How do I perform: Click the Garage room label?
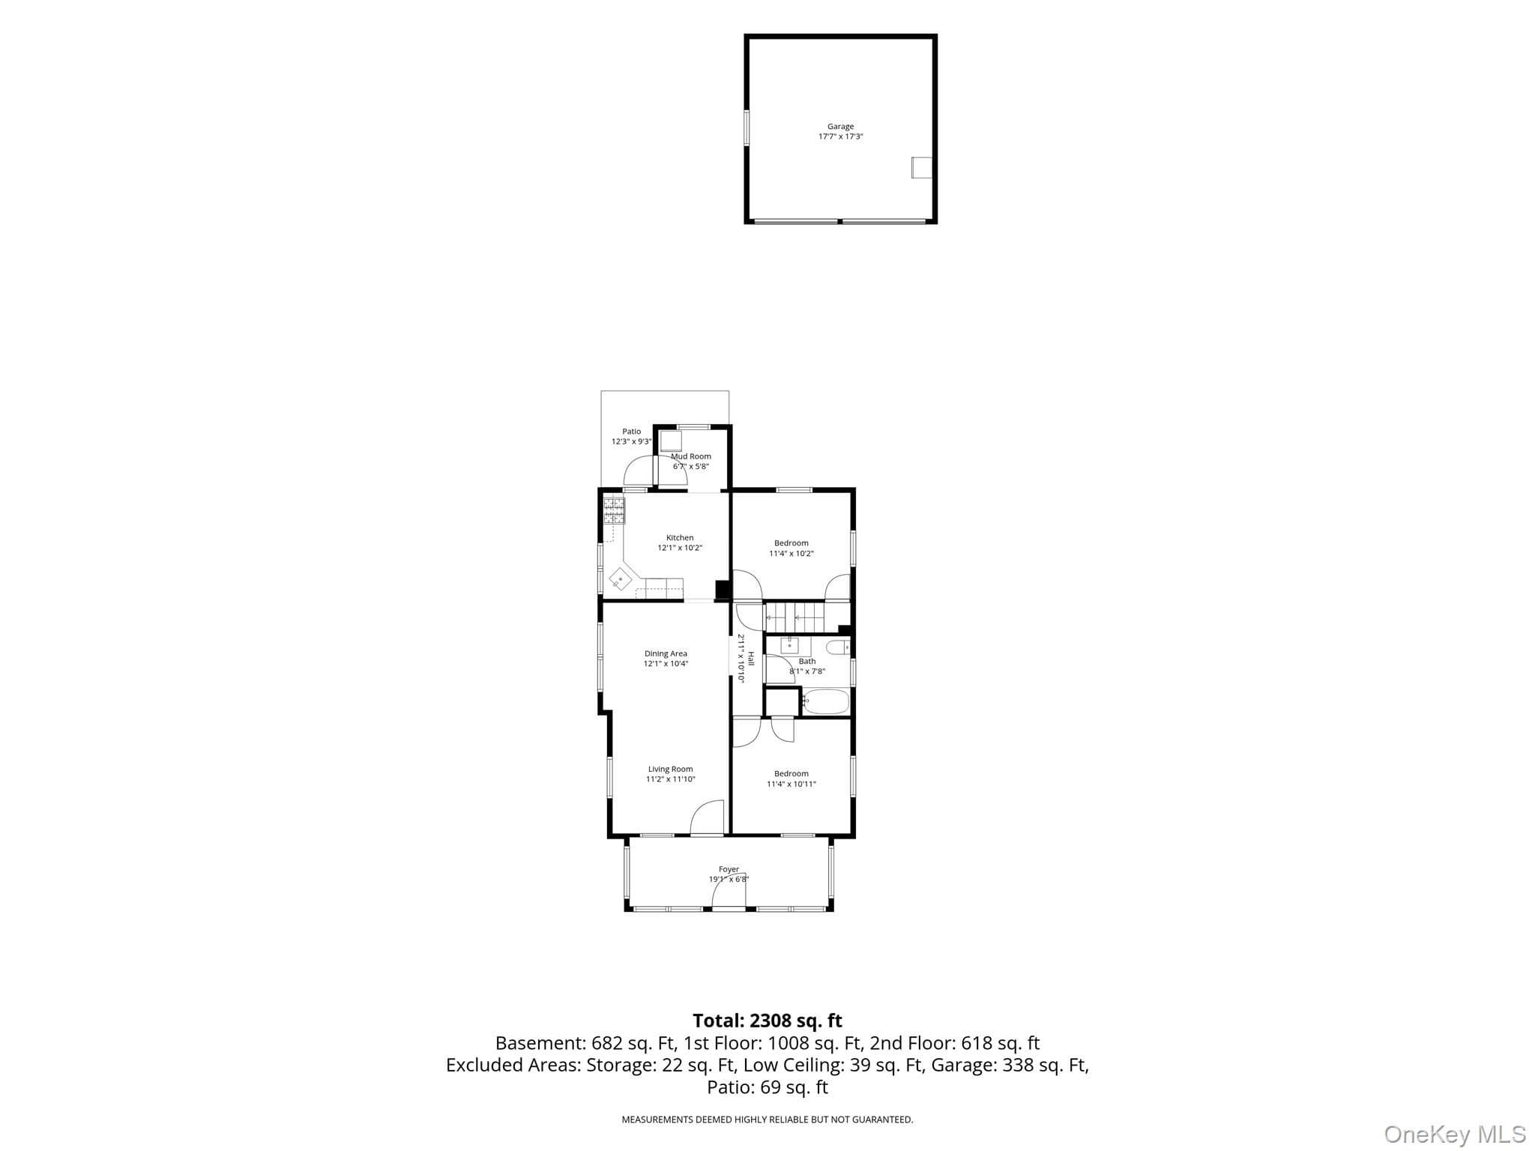840,127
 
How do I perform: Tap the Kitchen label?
680,537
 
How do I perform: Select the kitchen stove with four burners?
614,510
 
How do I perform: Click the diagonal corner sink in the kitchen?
621,579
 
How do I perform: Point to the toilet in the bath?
837,647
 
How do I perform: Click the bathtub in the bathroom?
825,701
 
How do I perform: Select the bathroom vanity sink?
789,644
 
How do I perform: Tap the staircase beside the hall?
793,617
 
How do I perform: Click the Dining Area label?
666,653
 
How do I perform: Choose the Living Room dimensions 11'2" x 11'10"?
671,779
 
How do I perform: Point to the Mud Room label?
691,456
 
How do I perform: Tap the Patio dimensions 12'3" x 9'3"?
631,441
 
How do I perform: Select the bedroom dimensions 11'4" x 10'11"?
791,784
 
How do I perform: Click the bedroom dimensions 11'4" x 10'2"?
791,554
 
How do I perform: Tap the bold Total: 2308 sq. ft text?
767,1021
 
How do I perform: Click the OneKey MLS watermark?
1455,1135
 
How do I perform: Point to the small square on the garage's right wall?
921,167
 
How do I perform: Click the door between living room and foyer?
707,818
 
